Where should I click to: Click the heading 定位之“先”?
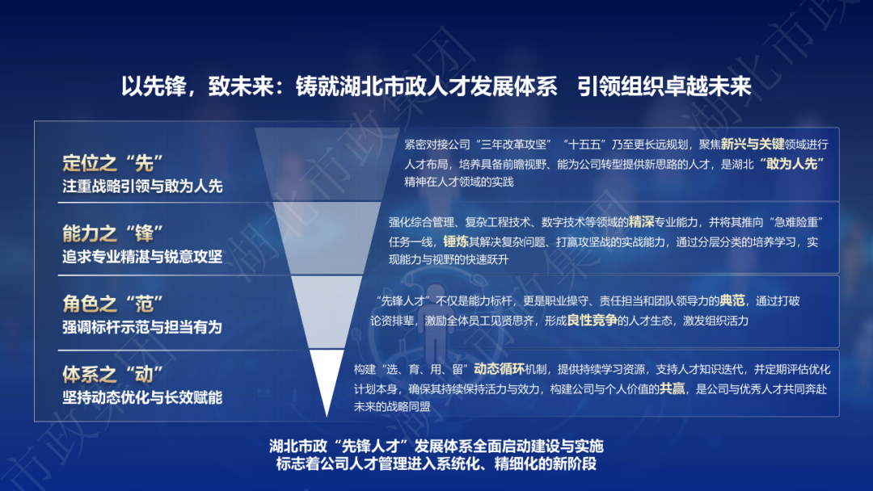pos(112,163)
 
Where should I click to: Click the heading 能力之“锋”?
pos(112,233)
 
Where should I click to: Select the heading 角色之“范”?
pos(112,304)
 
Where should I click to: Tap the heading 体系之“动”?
pos(112,375)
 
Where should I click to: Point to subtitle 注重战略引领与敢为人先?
pos(142,187)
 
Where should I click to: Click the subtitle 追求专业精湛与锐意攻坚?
pos(142,256)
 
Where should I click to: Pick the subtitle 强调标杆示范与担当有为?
pos(142,327)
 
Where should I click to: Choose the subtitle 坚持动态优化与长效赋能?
pos(142,397)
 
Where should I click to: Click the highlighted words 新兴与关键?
pos(753,145)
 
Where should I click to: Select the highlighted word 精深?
pos(641,222)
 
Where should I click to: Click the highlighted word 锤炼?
pos(456,241)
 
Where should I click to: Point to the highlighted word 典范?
pos(732,301)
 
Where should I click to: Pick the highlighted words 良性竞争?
pos(592,321)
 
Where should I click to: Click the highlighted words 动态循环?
pos(500,369)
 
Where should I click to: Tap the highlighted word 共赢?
pos(672,388)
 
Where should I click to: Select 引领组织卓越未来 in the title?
pos(664,86)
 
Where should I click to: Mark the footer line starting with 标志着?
pos(436,464)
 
